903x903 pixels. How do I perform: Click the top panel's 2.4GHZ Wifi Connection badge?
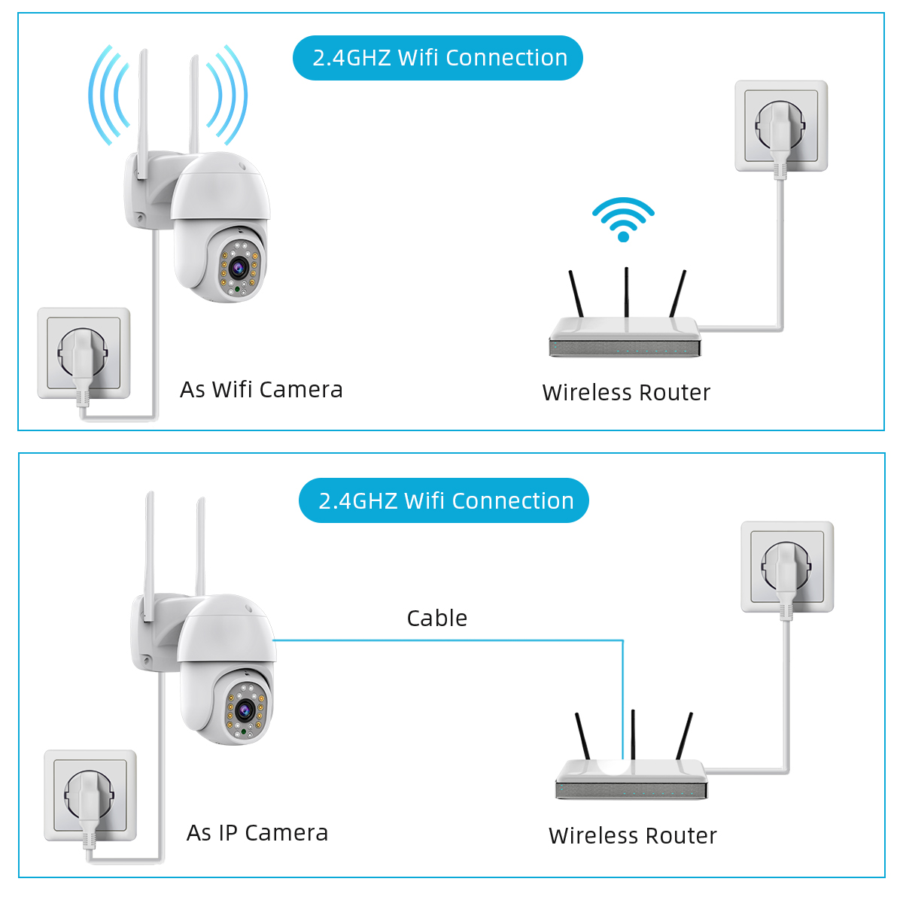[x=438, y=58]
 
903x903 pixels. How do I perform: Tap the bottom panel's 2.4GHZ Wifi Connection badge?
[x=444, y=500]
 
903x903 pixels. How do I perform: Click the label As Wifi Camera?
[x=261, y=390]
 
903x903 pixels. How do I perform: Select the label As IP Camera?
[x=257, y=833]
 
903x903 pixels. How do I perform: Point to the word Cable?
[x=436, y=618]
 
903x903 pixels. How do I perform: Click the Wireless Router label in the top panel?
[x=626, y=392]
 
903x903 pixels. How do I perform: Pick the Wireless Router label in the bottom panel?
[x=632, y=835]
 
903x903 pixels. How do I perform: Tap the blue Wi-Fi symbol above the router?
[x=623, y=219]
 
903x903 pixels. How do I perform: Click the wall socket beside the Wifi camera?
[x=84, y=353]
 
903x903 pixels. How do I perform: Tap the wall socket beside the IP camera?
[x=90, y=795]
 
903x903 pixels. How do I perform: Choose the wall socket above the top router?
[x=781, y=126]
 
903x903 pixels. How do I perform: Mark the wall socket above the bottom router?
[x=787, y=567]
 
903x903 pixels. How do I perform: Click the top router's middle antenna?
[x=626, y=292]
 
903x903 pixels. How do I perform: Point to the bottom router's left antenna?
[x=582, y=736]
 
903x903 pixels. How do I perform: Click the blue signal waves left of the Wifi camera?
[x=106, y=94]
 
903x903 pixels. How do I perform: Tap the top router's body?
[x=625, y=339]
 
